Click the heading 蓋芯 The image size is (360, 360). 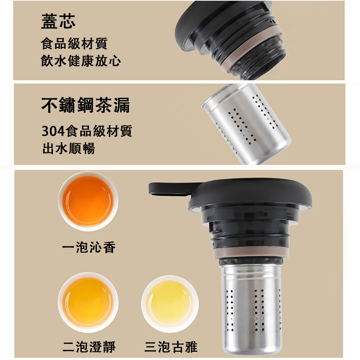coord(58,21)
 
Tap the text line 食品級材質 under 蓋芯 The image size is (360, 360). coord(74,44)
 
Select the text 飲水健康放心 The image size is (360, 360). coord(81,60)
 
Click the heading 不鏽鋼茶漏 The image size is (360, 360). coord(85,105)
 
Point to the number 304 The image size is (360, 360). coord(53,131)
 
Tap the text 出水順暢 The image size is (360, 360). coord(69,148)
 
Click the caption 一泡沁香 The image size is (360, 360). coord(89,247)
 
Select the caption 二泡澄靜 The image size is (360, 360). coord(89,347)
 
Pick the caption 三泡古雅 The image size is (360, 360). coord(171,347)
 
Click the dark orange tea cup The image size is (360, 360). coord(88,201)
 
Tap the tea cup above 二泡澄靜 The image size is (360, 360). coord(88,302)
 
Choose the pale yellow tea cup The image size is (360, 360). coord(170,303)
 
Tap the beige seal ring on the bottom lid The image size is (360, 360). coord(251,252)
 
